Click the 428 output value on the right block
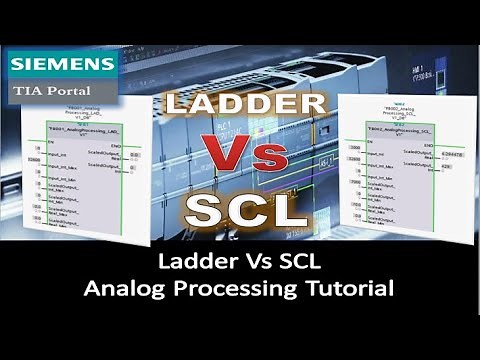445,170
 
